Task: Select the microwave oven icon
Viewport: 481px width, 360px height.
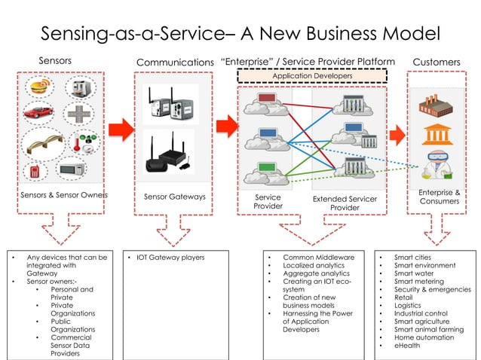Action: [x=72, y=170]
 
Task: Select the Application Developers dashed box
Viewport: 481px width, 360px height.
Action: [x=312, y=76]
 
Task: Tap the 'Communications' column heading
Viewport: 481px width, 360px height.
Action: [x=175, y=61]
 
